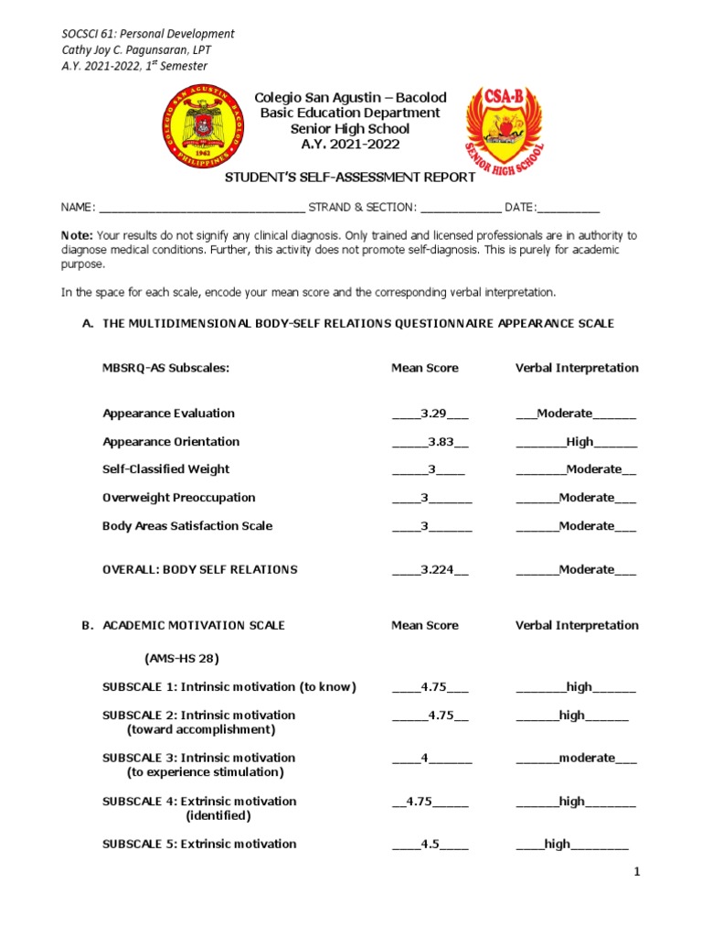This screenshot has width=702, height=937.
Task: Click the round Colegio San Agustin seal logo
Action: pyautogui.click(x=203, y=128)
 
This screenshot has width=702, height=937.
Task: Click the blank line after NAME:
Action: pyautogui.click(x=202, y=209)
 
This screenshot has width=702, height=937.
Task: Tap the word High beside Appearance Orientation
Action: pyautogui.click(x=580, y=442)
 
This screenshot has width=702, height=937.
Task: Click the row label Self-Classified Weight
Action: pyautogui.click(x=165, y=469)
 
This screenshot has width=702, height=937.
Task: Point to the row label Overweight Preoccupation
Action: pyautogui.click(x=178, y=498)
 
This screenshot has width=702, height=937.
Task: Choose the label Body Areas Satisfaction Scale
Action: pyautogui.click(x=187, y=526)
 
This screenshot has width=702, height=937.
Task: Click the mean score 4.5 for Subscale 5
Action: pyautogui.click(x=431, y=845)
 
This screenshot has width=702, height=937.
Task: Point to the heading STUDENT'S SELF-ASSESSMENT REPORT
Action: pyautogui.click(x=350, y=177)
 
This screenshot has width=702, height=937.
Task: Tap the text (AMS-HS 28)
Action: pyautogui.click(x=181, y=659)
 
